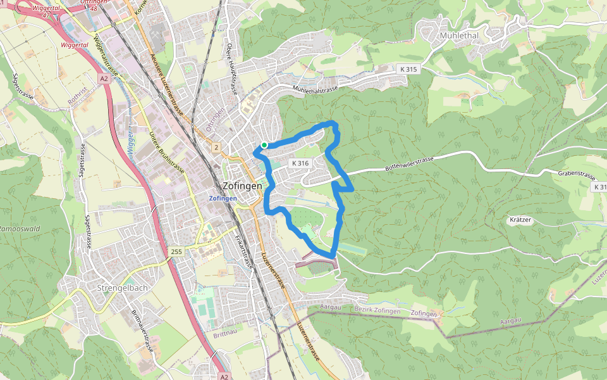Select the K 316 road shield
pos(300,163)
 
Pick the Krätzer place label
pos(520,220)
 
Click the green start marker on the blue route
pos(264,145)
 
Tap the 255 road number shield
pos(176,252)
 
